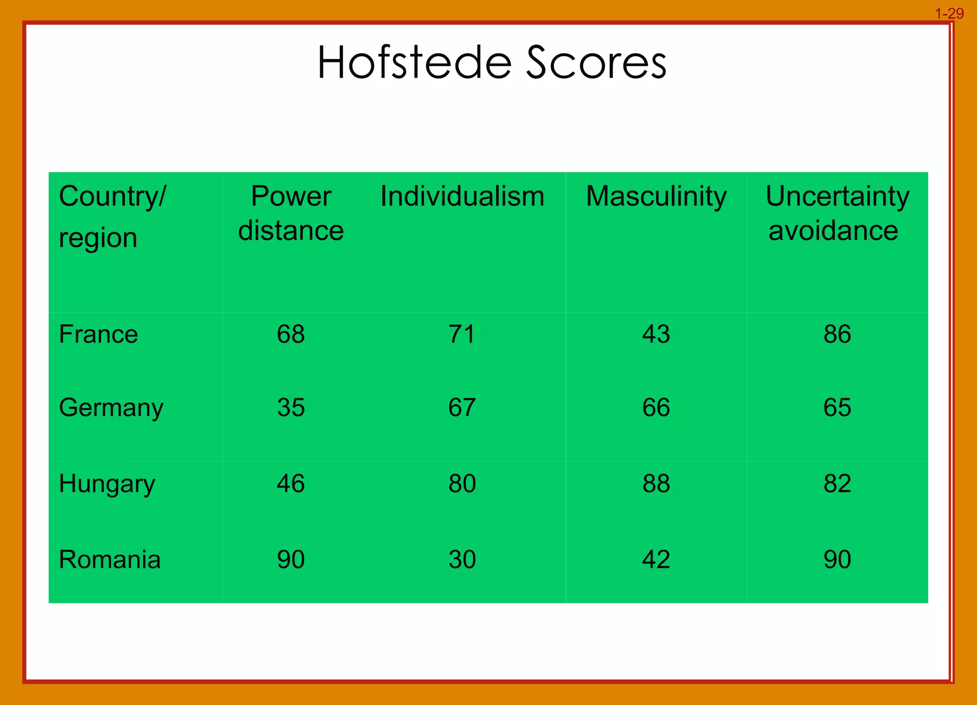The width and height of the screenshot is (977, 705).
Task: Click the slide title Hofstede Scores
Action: click(x=492, y=63)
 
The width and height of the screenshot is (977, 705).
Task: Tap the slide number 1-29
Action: click(x=949, y=14)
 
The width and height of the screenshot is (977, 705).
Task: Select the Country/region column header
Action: click(x=112, y=216)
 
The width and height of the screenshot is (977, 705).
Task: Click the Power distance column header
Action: click(x=291, y=213)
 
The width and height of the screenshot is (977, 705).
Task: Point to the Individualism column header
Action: click(x=462, y=196)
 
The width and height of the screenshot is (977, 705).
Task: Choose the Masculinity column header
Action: click(x=656, y=196)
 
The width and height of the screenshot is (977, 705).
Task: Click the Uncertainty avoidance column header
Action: click(x=837, y=213)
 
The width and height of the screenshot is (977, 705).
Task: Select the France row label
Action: click(x=98, y=334)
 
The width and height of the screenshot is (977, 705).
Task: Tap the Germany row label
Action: click(x=111, y=408)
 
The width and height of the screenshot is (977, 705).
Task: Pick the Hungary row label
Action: click(x=107, y=484)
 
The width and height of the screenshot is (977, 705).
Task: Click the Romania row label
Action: click(x=110, y=559)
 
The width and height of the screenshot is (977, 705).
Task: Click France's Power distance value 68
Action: click(x=291, y=334)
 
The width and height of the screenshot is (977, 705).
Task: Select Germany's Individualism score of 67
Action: click(x=462, y=408)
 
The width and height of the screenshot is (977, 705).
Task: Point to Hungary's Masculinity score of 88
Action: click(x=656, y=483)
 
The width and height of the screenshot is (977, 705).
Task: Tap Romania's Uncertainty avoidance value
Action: click(x=837, y=559)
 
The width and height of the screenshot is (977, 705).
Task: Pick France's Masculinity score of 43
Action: click(x=656, y=334)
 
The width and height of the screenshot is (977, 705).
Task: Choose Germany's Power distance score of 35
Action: click(x=291, y=408)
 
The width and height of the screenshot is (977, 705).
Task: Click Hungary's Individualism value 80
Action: click(x=462, y=483)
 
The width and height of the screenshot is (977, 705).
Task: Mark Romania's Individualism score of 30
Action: click(x=462, y=559)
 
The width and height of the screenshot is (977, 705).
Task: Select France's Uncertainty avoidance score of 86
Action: click(x=837, y=334)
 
